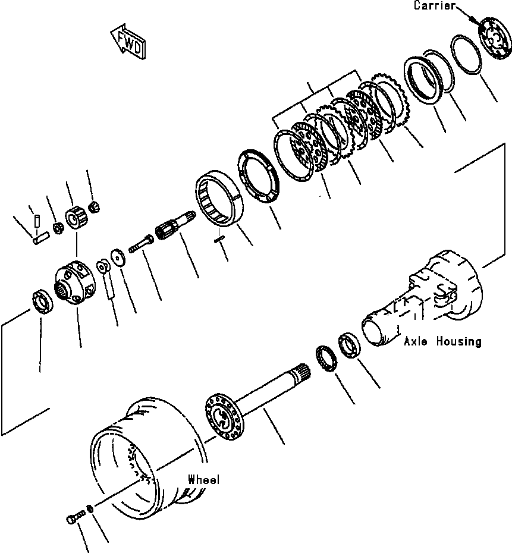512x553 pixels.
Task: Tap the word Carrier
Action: pos(434,6)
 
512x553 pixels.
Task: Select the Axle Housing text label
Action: pos(442,341)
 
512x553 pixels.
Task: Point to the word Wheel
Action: pos(204,479)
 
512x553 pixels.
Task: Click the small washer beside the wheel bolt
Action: pos(89,508)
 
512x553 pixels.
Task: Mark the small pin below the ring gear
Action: pos(218,238)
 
